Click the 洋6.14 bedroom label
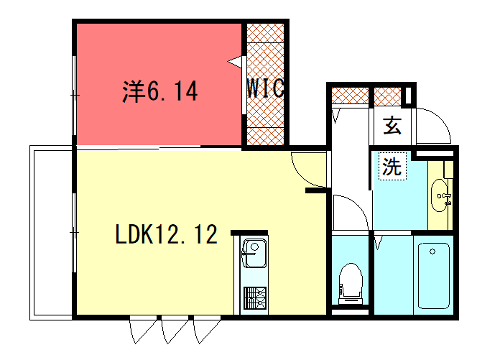click(160, 92)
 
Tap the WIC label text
click(265, 89)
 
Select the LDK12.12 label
click(166, 236)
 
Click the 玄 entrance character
click(393, 126)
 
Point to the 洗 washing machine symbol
click(392, 167)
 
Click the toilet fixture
click(350, 280)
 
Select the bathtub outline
click(434, 274)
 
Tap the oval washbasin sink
click(439, 196)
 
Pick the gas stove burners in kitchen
click(252, 298)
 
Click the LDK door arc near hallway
click(305, 170)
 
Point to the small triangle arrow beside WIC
click(236, 62)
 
